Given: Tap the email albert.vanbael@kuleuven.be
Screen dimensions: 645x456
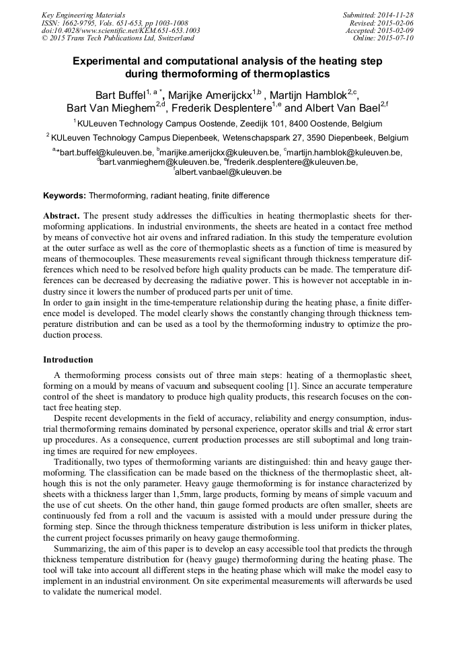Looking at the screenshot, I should (x=229, y=173).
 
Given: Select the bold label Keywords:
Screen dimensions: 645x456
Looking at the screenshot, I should (x=65, y=196).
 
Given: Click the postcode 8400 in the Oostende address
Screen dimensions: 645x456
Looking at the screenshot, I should (x=291, y=124).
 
